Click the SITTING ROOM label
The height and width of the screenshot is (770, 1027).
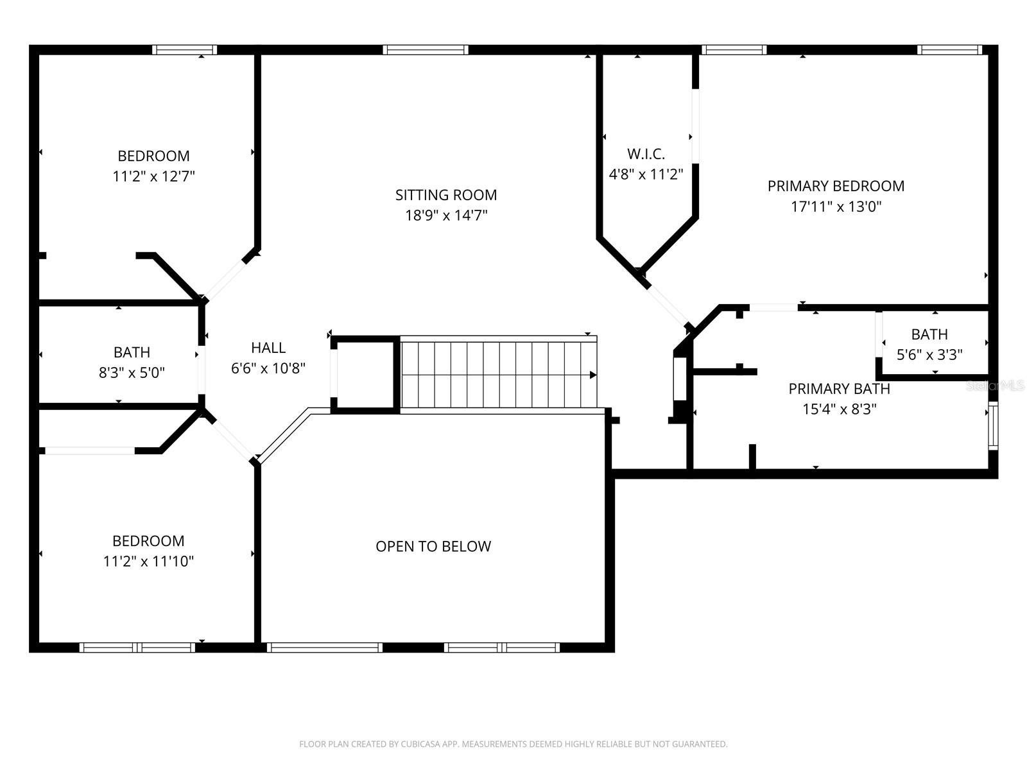pos(446,195)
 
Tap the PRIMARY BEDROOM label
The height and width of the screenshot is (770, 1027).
pos(836,186)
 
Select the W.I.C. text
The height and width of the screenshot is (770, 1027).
pos(646,154)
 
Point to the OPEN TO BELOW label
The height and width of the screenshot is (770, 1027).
pos(433,546)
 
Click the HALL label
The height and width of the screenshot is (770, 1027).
pos(268,348)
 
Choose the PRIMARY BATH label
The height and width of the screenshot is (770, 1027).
pos(839,389)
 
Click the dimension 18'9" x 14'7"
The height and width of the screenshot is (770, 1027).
pos(446,216)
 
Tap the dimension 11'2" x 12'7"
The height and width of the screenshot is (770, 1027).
pos(153,176)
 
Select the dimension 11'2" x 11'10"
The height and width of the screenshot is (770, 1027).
pos(148,561)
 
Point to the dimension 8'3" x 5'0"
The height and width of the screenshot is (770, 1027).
pos(132,373)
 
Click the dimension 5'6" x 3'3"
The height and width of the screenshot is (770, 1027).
pos(929,355)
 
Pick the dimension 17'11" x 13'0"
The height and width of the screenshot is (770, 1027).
pos(836,207)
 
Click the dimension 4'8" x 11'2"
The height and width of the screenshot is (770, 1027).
pos(646,175)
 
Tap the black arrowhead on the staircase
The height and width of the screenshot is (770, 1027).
pos(593,375)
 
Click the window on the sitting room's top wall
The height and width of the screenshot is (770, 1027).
pos(426,50)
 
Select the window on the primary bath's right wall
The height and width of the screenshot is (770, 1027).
pos(993,425)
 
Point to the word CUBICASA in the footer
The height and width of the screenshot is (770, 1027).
pos(419,744)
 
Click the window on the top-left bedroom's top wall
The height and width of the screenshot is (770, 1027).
pos(184,50)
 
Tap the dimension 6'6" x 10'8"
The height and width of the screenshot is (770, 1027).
pos(268,368)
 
